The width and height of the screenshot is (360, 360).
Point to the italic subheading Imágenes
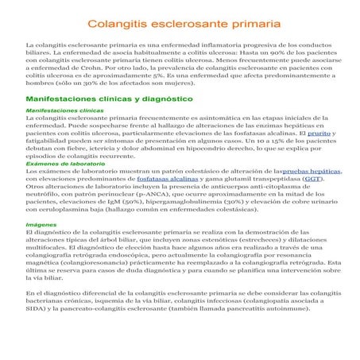[40, 225]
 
